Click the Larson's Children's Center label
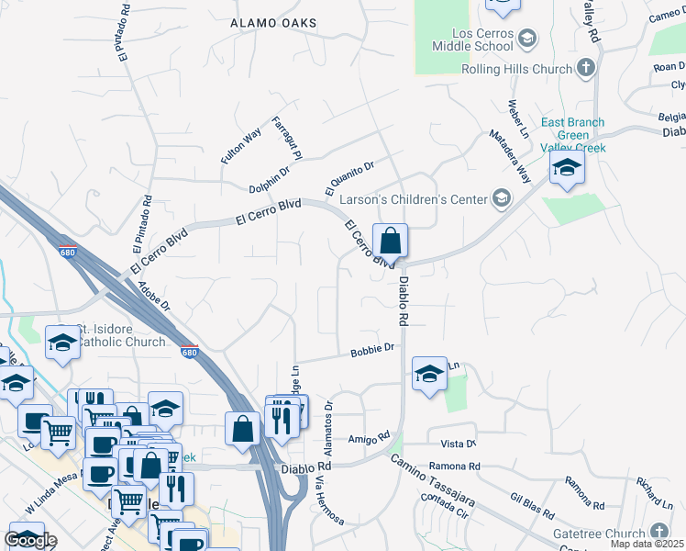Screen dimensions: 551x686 tap(415, 198)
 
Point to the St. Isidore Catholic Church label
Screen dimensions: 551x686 tap(121, 336)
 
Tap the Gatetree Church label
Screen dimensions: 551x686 tap(600, 534)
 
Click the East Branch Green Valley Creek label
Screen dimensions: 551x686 tap(573, 134)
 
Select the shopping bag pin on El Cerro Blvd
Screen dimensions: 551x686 tap(391, 242)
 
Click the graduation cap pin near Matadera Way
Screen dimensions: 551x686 tap(568, 168)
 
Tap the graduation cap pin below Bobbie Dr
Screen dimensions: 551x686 tap(429, 374)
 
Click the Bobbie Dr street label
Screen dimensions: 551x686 tap(371, 349)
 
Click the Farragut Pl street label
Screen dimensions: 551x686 tap(285, 137)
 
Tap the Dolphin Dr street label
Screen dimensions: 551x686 tap(270, 179)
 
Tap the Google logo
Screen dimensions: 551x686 tap(30, 540)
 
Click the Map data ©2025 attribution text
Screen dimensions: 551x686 tap(647, 544)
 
